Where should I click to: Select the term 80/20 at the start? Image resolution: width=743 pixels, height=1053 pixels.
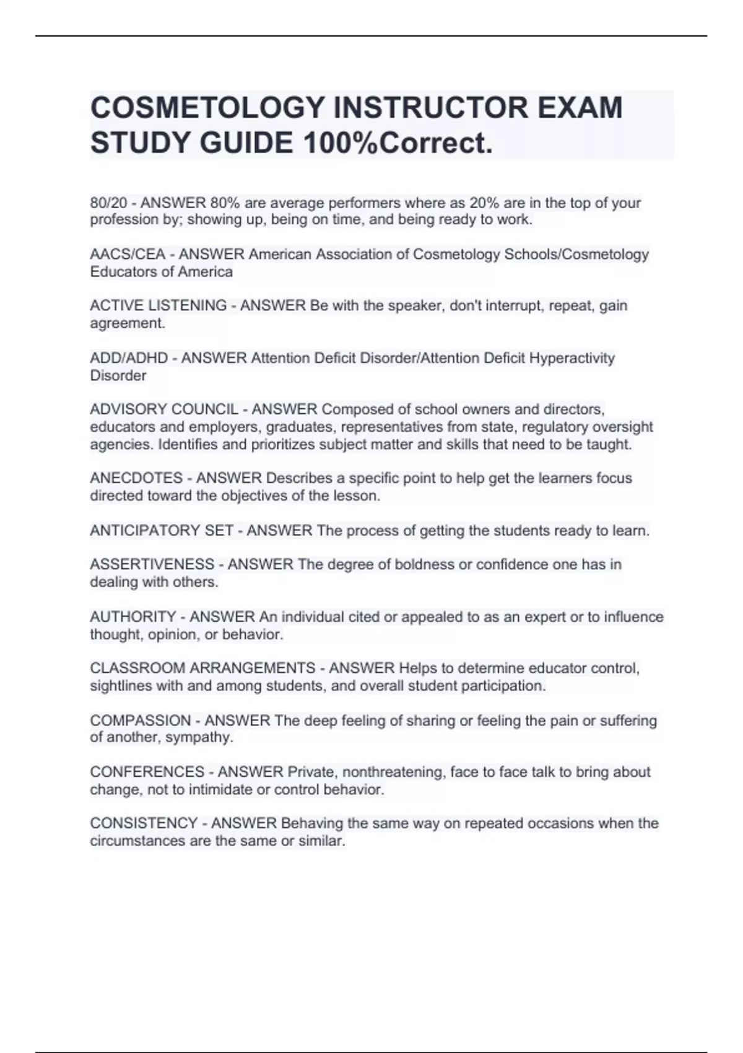coord(108,203)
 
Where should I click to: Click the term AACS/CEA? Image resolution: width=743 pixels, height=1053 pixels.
coord(128,255)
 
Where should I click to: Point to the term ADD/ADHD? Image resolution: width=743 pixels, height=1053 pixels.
coord(129,358)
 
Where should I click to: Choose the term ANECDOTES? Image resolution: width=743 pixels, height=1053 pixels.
coord(136,478)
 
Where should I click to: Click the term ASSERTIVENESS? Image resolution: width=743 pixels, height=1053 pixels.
coord(152,564)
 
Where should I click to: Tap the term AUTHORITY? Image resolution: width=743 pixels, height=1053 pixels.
coord(133,617)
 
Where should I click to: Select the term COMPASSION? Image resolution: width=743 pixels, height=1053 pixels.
coord(141,720)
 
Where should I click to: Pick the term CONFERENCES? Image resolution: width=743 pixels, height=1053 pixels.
coord(147,772)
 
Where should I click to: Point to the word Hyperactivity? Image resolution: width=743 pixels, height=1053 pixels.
coord(571,358)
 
